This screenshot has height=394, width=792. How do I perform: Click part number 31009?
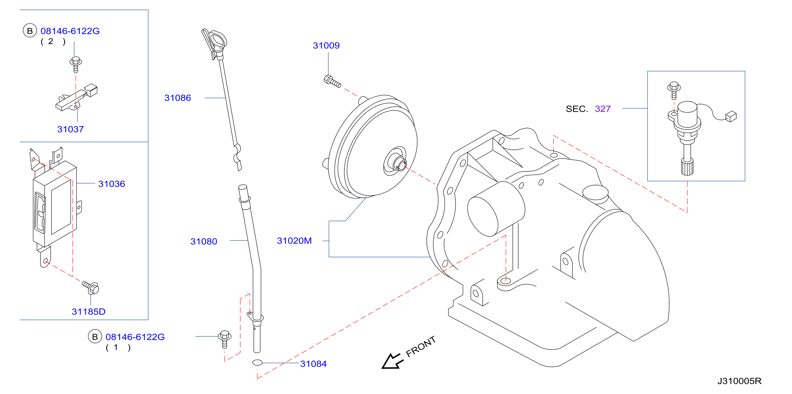click(x=326, y=46)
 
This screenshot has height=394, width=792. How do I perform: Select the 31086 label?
click(x=178, y=98)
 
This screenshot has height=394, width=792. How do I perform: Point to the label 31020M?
click(x=294, y=241)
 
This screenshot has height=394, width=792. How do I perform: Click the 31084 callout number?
click(x=313, y=364)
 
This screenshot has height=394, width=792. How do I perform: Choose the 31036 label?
click(x=112, y=184)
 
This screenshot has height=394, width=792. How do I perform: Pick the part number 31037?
click(x=70, y=129)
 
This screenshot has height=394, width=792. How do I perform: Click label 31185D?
click(x=89, y=312)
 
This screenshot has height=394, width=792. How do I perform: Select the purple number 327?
click(x=603, y=109)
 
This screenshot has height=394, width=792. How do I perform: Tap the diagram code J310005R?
click(x=739, y=381)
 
